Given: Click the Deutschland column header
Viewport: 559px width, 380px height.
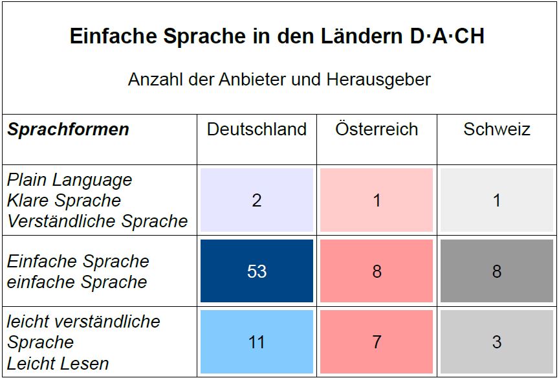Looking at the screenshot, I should (x=257, y=129).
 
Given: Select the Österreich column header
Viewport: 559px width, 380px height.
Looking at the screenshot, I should (x=377, y=129).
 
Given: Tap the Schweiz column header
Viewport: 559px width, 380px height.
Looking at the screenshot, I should (x=496, y=129).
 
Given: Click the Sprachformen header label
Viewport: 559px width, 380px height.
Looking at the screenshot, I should (x=68, y=129).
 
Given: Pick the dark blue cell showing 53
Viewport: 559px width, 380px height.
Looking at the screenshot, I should (x=257, y=271).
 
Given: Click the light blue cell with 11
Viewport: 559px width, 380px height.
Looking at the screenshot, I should (x=257, y=342).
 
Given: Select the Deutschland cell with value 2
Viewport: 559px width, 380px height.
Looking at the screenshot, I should (x=257, y=200).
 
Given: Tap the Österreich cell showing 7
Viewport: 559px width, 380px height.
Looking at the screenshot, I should (x=377, y=342).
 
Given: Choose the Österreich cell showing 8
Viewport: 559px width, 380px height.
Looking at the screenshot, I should (x=377, y=271).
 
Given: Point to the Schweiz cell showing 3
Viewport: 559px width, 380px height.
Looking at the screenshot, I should (x=496, y=342).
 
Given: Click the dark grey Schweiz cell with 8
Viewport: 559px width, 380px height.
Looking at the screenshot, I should (x=496, y=271).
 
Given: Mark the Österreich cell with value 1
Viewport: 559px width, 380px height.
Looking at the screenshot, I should (x=377, y=200).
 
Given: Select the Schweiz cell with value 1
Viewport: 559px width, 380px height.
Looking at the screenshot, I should (x=496, y=200).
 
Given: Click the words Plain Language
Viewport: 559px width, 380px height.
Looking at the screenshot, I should (x=70, y=180).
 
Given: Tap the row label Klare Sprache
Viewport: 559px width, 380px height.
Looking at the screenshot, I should (x=64, y=201).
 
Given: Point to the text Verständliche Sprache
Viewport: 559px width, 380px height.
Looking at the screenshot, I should (x=97, y=221).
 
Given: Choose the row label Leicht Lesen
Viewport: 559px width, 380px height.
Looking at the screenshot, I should (x=58, y=364).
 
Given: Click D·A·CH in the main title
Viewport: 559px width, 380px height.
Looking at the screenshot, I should (x=447, y=36).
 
